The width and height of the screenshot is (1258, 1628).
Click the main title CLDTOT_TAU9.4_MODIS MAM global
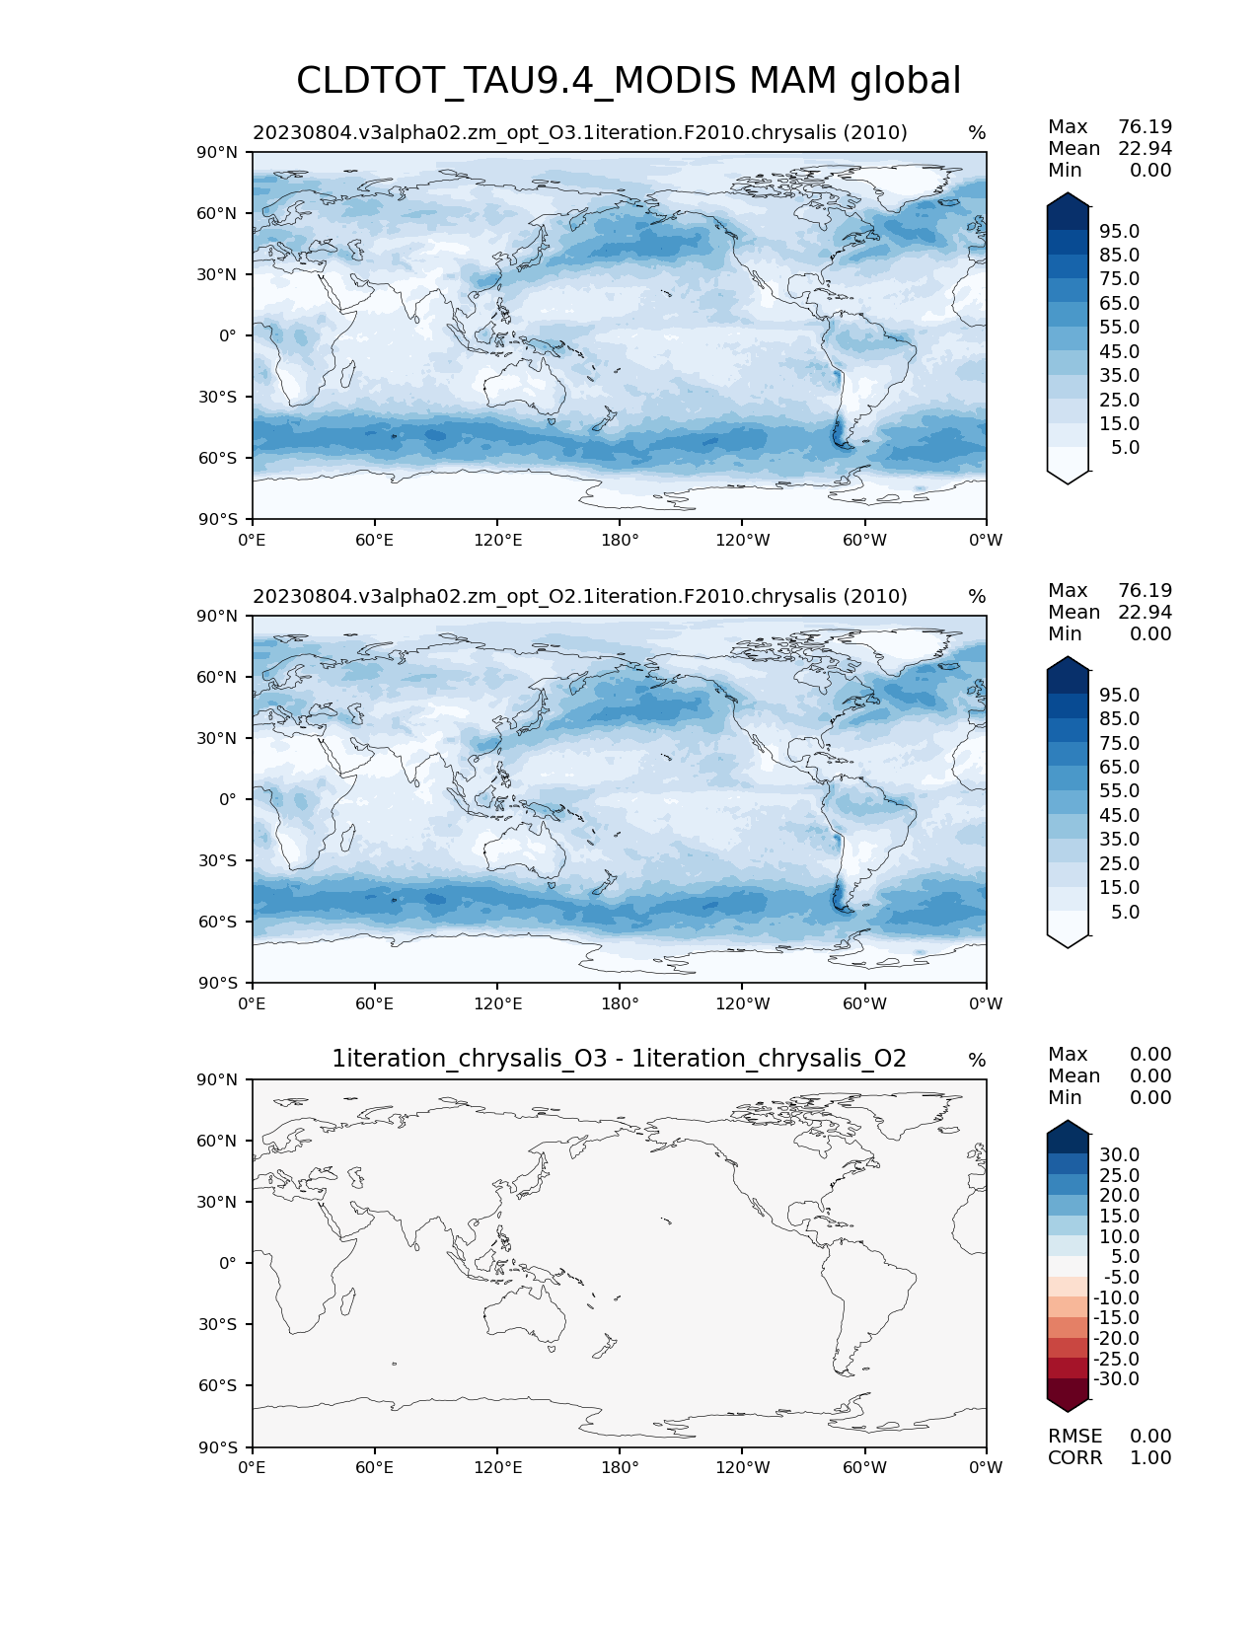tap(629, 81)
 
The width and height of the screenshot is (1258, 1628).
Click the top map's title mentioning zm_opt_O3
tap(579, 132)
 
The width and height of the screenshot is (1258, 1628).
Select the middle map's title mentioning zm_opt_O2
tap(579, 596)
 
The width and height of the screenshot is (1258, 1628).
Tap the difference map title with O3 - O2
tap(619, 1059)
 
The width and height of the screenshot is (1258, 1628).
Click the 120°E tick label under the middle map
tap(497, 1003)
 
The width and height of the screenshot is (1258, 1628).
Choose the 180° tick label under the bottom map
tap(620, 1467)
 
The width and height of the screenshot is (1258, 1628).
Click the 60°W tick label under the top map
tap(864, 540)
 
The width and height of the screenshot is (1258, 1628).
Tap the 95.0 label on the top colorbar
tap(1119, 231)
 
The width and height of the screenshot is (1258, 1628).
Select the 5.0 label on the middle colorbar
tap(1125, 912)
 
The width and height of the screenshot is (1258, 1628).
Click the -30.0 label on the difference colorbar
tap(1117, 1378)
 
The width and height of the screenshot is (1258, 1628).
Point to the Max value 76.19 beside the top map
tap(1145, 126)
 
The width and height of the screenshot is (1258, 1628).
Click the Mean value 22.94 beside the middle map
tap(1145, 612)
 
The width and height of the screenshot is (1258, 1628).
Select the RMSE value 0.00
tap(1150, 1436)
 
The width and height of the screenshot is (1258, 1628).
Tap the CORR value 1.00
tap(1150, 1457)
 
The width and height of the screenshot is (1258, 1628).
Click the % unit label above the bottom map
tap(977, 1060)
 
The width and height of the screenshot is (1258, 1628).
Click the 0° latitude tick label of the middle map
tap(227, 799)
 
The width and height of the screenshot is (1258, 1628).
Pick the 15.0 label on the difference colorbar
tap(1119, 1216)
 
